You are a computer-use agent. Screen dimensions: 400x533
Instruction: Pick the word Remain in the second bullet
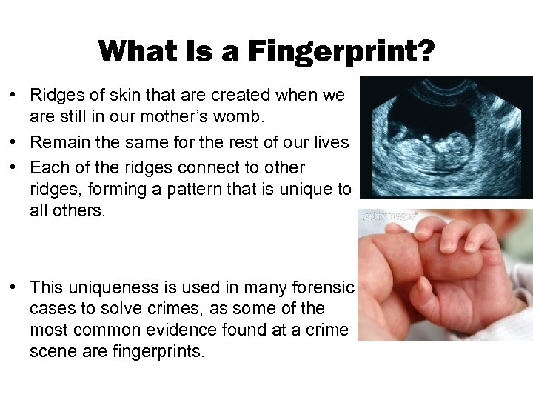click(56, 142)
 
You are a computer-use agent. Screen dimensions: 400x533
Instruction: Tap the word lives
click(331, 142)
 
